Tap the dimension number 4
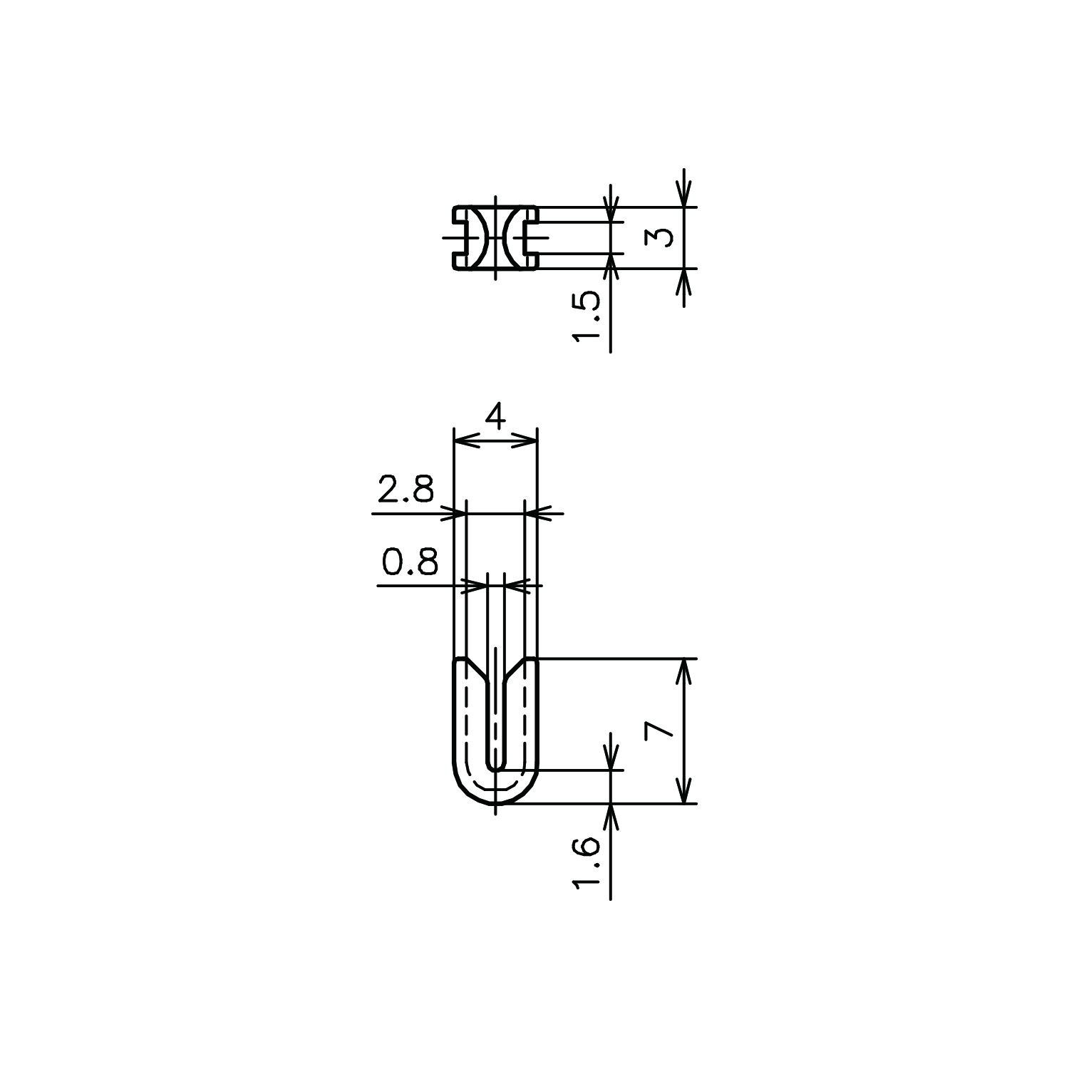pyautogui.click(x=495, y=416)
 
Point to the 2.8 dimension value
pyautogui.click(x=406, y=490)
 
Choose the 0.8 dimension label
pyautogui.click(x=409, y=562)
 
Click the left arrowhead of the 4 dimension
pyautogui.click(x=464, y=442)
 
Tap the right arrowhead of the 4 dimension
pyautogui.click(x=527, y=442)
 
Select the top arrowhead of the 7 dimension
pyautogui.click(x=685, y=670)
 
